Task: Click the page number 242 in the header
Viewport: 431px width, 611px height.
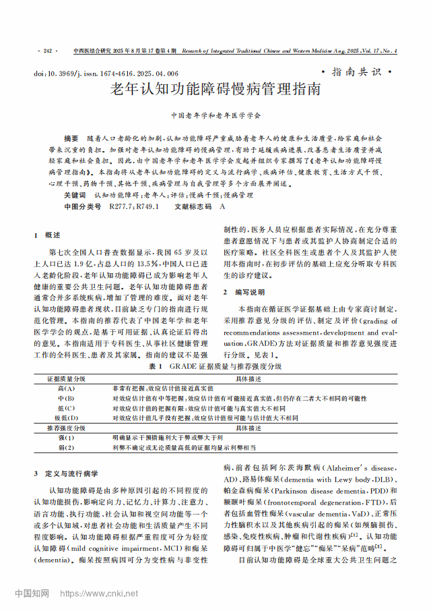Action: (x=47, y=51)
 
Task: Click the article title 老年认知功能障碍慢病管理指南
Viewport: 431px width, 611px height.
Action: (x=215, y=89)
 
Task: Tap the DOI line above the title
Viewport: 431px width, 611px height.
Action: (x=106, y=73)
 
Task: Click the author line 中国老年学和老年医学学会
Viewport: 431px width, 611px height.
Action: (x=215, y=116)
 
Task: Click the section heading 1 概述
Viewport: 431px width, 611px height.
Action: (x=47, y=235)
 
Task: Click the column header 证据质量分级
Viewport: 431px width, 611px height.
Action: (x=66, y=380)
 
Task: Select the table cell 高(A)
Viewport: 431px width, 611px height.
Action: (x=66, y=389)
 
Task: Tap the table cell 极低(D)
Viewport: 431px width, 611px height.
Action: (x=66, y=418)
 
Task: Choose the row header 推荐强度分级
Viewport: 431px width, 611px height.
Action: (x=66, y=428)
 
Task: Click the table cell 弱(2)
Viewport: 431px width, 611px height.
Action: (x=66, y=447)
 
